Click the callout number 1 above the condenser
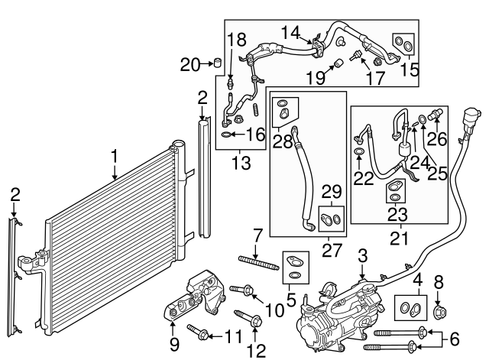(x=115, y=157)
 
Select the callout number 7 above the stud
(x=258, y=235)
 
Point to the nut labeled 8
(x=438, y=311)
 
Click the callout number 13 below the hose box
(x=241, y=161)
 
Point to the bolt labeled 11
(x=200, y=332)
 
